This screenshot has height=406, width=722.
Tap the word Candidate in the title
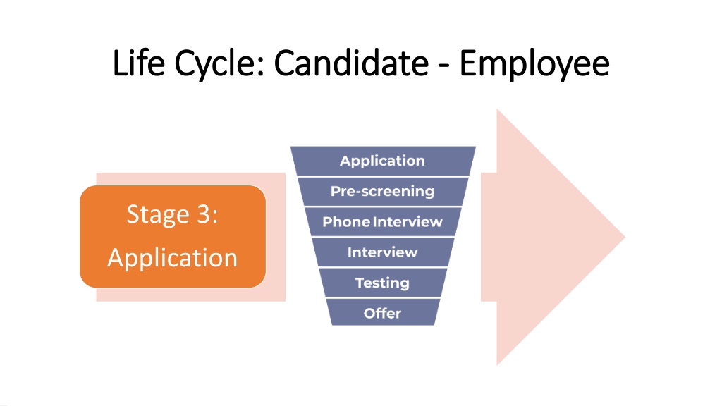pyautogui.click(x=351, y=63)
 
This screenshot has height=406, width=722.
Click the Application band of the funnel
pyautogui.click(x=383, y=161)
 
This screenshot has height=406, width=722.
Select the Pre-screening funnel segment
pyautogui.click(x=383, y=191)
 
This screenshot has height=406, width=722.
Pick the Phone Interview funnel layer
pyautogui.click(x=383, y=222)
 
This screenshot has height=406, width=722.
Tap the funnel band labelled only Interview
pyautogui.click(x=383, y=252)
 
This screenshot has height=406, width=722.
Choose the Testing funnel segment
pyautogui.click(x=383, y=283)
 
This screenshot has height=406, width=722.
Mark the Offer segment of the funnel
pyautogui.click(x=383, y=313)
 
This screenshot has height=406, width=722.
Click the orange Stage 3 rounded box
pyautogui.click(x=173, y=237)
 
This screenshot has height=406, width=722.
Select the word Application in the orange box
pyautogui.click(x=173, y=259)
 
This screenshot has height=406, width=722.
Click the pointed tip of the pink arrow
pyautogui.click(x=625, y=237)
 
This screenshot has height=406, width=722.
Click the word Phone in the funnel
pyautogui.click(x=346, y=222)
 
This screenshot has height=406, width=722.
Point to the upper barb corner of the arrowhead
pyautogui.click(x=497, y=110)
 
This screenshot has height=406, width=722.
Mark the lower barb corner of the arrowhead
pyautogui.click(x=497, y=364)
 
